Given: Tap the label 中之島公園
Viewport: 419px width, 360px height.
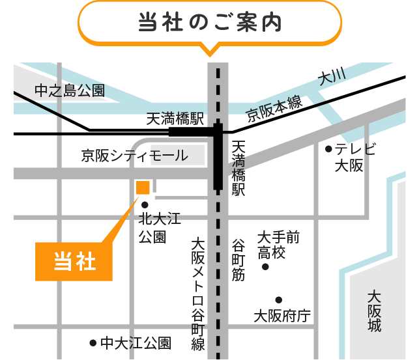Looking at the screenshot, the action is [x=70, y=90].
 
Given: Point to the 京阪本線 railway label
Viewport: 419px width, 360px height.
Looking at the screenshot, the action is [x=274, y=108].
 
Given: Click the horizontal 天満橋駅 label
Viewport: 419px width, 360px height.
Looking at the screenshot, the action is [x=175, y=118].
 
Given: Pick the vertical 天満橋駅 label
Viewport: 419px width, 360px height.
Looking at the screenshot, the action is [x=238, y=168].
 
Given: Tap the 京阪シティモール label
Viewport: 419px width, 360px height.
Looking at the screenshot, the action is [x=134, y=156].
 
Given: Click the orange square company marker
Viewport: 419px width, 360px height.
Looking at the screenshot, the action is [x=143, y=187].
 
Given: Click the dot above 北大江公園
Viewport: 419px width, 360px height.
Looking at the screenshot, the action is [x=145, y=204].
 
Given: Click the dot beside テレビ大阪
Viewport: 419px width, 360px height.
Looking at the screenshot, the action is [x=329, y=149].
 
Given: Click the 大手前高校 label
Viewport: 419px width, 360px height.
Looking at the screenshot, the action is [x=278, y=244].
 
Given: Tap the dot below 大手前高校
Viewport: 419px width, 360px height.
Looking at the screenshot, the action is [x=265, y=268].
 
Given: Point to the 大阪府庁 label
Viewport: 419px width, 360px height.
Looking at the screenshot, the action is [x=282, y=316].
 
